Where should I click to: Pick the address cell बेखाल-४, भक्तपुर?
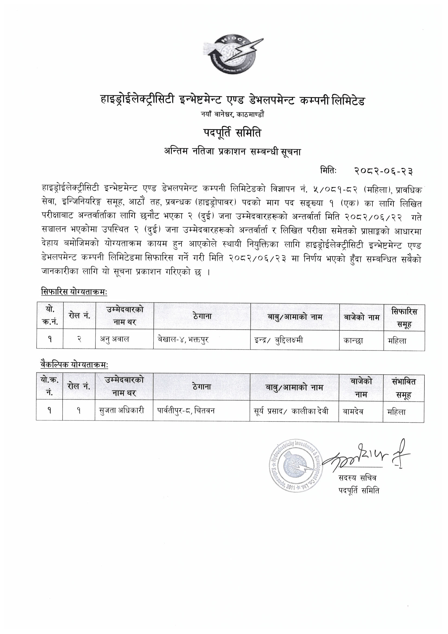tap(181, 339)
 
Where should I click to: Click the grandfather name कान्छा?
tap(353, 341)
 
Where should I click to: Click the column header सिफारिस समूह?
tap(404, 318)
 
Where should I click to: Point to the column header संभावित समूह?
tap(404, 388)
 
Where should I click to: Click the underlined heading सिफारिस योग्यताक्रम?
tap(74, 292)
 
